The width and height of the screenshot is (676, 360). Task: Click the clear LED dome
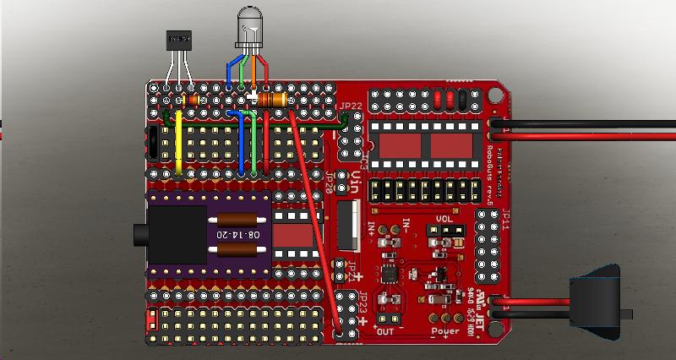[x=250, y=22]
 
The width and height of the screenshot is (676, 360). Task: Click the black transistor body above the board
[x=179, y=37]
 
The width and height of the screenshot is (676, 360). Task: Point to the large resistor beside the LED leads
[x=273, y=101]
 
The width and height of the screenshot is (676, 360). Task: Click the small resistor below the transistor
[x=191, y=101]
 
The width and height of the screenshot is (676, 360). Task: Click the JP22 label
[x=350, y=106]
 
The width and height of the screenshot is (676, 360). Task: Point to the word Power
[x=444, y=331]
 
